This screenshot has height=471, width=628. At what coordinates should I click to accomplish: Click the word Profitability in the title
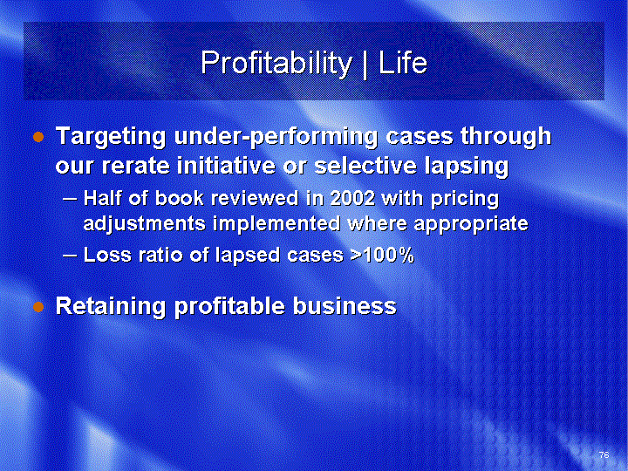coord(276,64)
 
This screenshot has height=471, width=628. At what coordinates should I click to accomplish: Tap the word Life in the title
coord(403,62)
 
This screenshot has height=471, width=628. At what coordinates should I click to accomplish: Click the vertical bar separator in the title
coord(365,64)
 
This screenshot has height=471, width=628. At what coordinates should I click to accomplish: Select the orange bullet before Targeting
coord(38,138)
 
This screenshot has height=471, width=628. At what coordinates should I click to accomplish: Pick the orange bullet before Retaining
coord(38,307)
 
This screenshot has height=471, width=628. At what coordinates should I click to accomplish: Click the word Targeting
coord(111,137)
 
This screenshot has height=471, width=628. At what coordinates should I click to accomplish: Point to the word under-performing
coord(276,137)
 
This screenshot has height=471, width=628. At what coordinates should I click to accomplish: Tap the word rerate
coord(135,166)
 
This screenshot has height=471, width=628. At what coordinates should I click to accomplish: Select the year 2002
coord(352,198)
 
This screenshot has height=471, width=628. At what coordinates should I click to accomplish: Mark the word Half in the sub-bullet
coord(102,198)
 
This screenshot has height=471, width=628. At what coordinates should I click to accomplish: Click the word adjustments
coord(145,223)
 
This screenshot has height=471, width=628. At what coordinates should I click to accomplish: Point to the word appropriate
coord(471,224)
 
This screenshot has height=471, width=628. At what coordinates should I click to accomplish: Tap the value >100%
coord(382,255)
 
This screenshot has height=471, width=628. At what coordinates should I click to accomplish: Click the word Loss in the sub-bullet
coord(107,255)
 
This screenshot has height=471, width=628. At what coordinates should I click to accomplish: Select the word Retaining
coord(111,306)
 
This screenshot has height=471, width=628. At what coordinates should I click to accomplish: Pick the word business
coord(345,306)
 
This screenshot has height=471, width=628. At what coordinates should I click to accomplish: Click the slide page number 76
coord(604,454)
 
